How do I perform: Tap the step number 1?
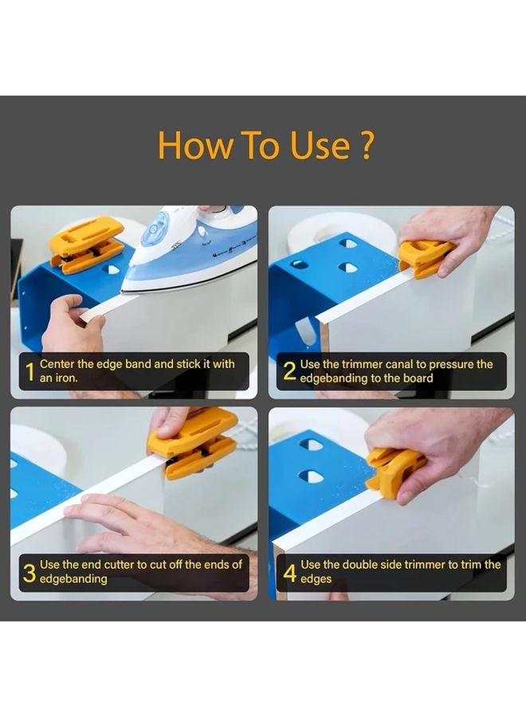[x=29, y=371]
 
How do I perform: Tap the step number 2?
[x=290, y=371]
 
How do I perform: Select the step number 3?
[x=29, y=572]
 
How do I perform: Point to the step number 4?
[x=290, y=572]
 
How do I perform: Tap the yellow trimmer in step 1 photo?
[x=86, y=245]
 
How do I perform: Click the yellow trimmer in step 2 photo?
[x=426, y=257]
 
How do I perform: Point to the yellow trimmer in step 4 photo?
[x=394, y=471]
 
